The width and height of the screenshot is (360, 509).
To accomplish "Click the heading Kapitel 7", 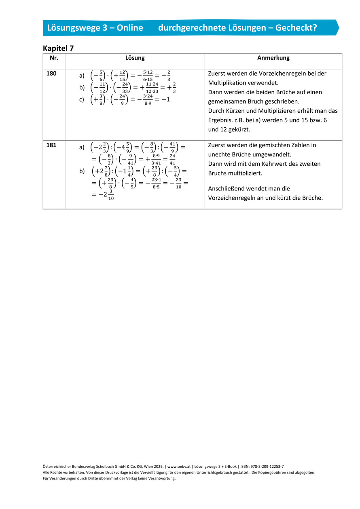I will [x=58, y=48].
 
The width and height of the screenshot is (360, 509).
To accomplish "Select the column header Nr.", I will [x=54, y=58].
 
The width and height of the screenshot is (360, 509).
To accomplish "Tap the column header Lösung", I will [x=135, y=58].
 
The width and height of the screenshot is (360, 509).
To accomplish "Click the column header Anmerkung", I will [x=273, y=58].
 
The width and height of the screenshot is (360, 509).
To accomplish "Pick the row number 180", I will [x=51, y=74].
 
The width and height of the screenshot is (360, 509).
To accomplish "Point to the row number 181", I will [x=51, y=145].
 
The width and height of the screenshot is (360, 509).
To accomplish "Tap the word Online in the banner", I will [x=129, y=27].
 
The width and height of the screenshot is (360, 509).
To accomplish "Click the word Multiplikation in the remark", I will [x=229, y=83].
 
